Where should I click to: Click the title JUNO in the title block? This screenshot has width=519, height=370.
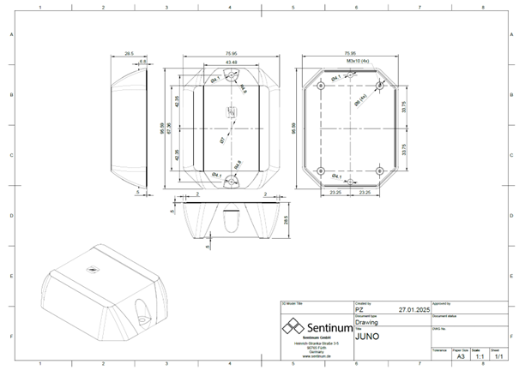[x=368, y=338]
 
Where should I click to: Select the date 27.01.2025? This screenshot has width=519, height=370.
[x=413, y=311]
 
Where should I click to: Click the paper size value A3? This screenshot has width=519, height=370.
[x=461, y=356]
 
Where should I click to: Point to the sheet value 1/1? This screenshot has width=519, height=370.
[x=496, y=356]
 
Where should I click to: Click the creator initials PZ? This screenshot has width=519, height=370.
[x=359, y=311]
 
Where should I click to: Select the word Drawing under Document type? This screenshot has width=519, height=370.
[x=366, y=324]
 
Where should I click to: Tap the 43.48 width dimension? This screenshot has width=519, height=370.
[x=231, y=62]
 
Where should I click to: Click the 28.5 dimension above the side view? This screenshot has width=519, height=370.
[x=129, y=53]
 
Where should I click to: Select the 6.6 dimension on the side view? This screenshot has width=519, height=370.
[x=142, y=62]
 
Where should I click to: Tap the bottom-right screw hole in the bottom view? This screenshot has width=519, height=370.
[x=379, y=170]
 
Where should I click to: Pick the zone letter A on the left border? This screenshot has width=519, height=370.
[x=10, y=34]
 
